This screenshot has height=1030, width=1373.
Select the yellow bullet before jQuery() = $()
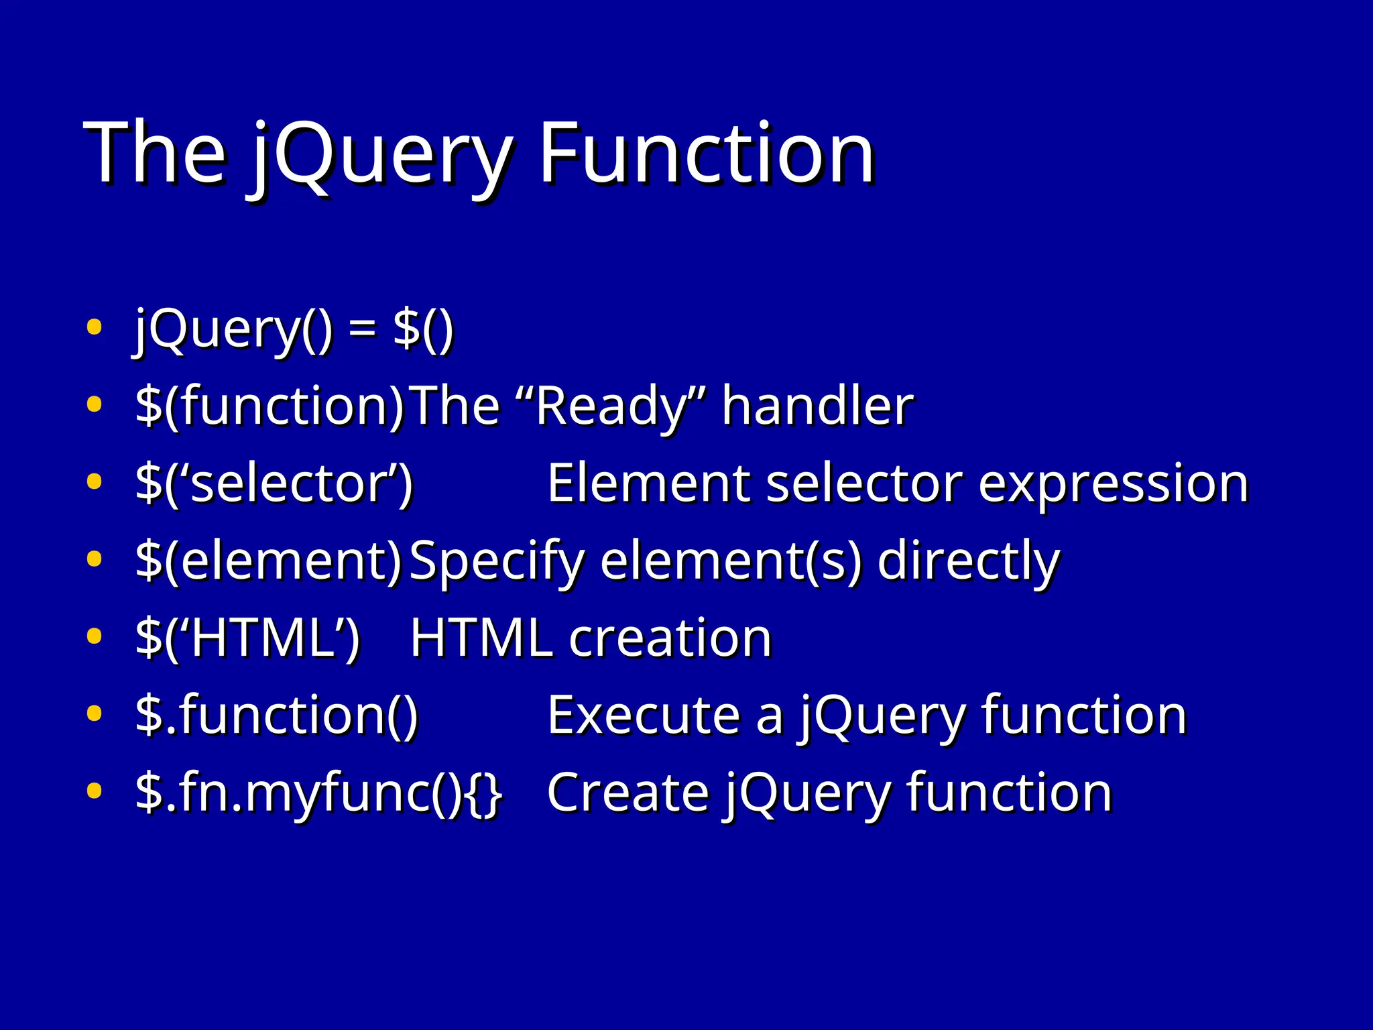coord(95,328)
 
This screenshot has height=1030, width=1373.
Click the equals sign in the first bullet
coord(363,330)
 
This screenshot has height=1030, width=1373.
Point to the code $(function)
coord(270,406)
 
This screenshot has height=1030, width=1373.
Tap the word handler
coord(817,406)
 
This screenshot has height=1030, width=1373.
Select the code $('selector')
coord(274,483)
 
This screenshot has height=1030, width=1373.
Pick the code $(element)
coord(268,561)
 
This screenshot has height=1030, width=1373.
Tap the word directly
coord(968,561)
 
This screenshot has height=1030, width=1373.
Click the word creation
coord(670,638)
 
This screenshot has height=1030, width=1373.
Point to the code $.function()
coord(277,716)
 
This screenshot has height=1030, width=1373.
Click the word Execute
coord(643,716)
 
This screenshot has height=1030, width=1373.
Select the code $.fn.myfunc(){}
coord(318,793)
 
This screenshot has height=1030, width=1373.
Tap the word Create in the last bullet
coord(628,793)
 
